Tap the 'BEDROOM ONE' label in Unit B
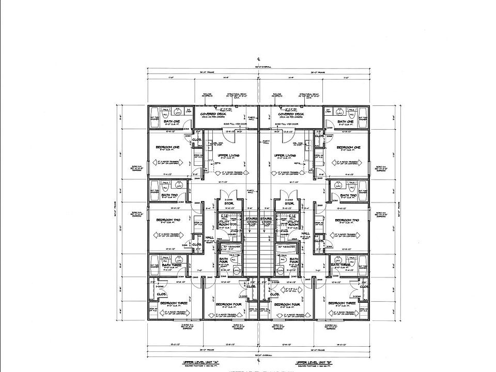(x=348, y=147)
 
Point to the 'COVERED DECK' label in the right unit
(x=291, y=114)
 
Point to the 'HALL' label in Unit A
(x=209, y=237)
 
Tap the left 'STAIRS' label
(x=252, y=219)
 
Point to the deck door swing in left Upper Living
(x=231, y=135)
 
